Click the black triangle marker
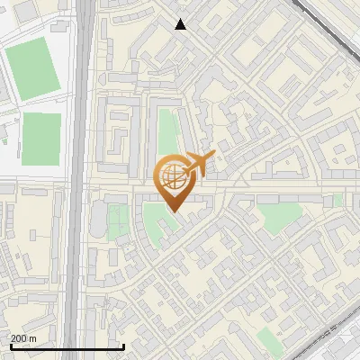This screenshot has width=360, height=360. click(x=181, y=24)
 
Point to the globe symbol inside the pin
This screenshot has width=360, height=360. click(x=172, y=175)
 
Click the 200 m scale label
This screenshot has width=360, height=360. click(x=22, y=338)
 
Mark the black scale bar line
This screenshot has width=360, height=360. click(x=67, y=347)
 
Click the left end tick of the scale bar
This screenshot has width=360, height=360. click(x=10, y=346)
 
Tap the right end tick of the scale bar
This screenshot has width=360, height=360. click(x=123, y=346)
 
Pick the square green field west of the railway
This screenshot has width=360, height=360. click(x=41, y=139)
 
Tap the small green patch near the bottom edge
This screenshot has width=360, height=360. click(x=267, y=338)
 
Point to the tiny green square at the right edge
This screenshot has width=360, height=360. click(x=338, y=200)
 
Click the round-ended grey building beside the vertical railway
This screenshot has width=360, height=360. click(x=97, y=216)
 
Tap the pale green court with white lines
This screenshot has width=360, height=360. click(x=118, y=220)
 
